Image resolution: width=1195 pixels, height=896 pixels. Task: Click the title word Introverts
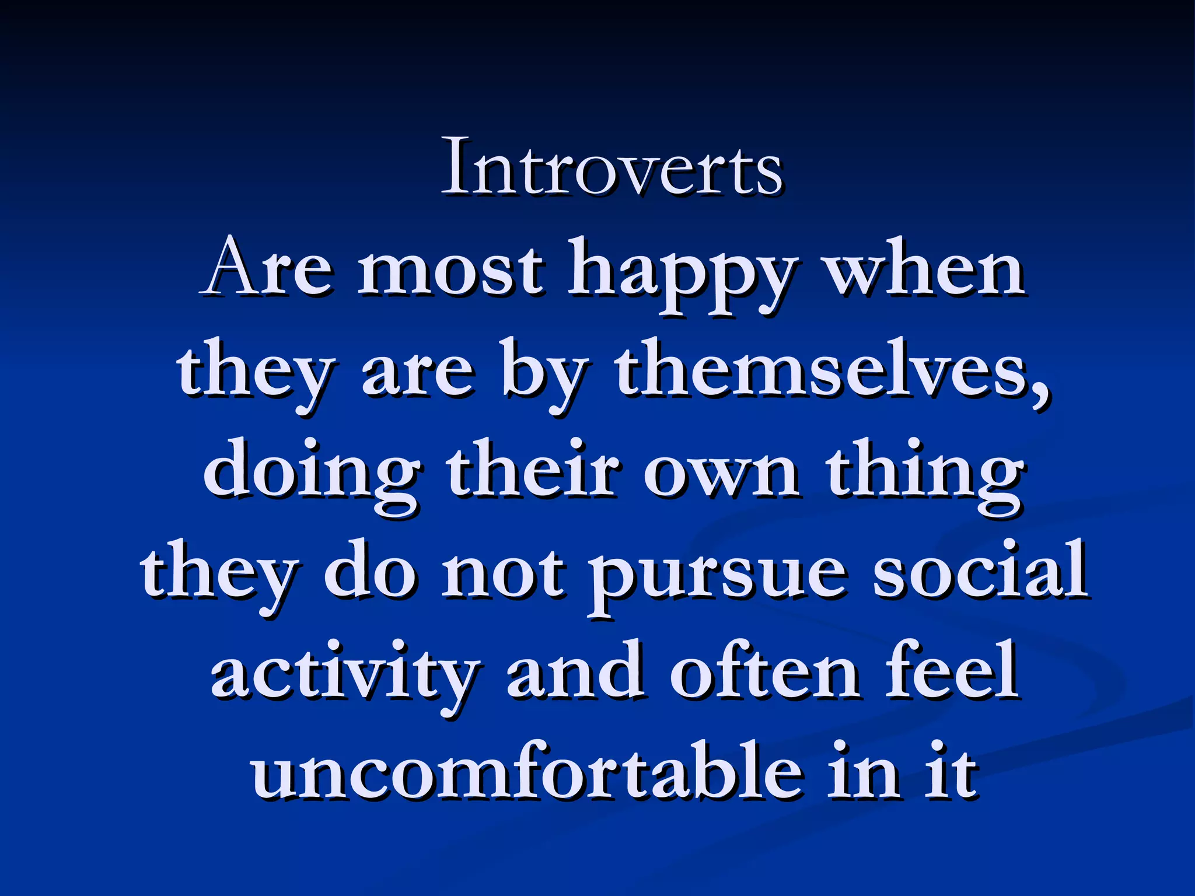pyautogui.click(x=612, y=168)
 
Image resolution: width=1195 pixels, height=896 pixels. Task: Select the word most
pyautogui.click(x=452, y=269)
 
